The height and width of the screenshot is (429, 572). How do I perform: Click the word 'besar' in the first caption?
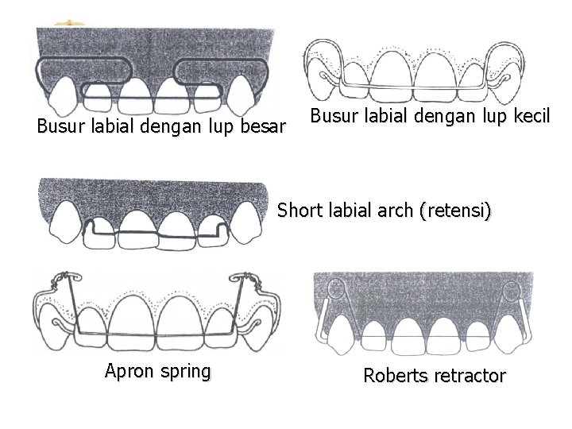point(260,126)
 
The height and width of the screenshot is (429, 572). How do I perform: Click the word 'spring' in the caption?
point(187,371)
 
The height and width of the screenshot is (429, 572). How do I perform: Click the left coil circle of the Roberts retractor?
point(334,289)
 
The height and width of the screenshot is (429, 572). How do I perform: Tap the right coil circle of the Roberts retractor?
point(512,289)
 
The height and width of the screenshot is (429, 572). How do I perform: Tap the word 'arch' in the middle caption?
point(401,211)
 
